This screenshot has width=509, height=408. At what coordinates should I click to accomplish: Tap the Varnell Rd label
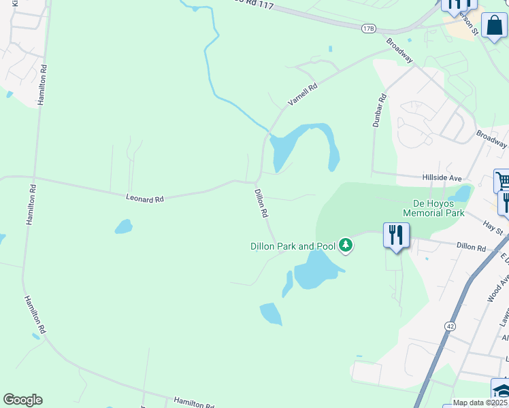[303, 94]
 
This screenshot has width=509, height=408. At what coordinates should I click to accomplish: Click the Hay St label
[491, 227]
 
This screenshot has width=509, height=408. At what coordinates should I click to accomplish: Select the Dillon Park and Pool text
[293, 246]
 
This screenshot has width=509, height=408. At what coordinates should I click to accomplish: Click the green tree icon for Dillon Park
[346, 245]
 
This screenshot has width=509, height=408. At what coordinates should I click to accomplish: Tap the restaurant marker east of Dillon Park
[396, 235]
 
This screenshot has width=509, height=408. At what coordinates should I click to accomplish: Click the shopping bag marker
[494, 25]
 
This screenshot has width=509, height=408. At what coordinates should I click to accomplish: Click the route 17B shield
[369, 28]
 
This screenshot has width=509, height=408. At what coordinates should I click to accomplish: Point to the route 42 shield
[450, 326]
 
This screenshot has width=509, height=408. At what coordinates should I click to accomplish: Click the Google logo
[22, 400]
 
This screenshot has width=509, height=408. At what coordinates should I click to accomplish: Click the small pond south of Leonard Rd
[123, 226]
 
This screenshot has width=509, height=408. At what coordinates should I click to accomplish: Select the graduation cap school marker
[501, 392]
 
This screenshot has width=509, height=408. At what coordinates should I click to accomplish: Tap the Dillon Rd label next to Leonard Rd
[261, 203]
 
